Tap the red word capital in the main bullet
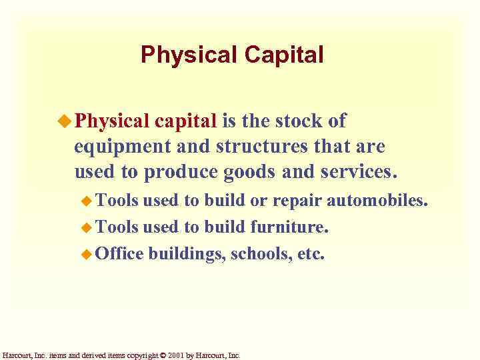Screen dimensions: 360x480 (186, 121)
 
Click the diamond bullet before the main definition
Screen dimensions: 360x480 (65, 121)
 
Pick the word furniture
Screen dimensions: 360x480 (289, 227)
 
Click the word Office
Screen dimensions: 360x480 (119, 253)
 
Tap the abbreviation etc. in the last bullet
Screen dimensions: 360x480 (310, 253)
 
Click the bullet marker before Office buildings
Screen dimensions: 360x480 (85, 253)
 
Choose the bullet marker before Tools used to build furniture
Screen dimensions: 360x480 (85, 227)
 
